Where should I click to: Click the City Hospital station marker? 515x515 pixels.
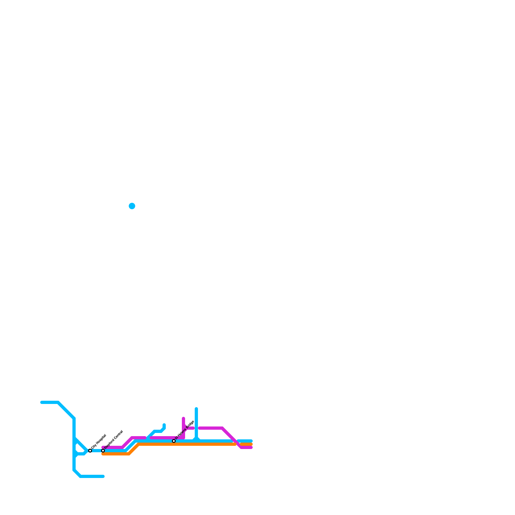(x=90, y=451)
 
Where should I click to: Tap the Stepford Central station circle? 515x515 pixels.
(x=103, y=451)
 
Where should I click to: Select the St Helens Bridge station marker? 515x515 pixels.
(x=174, y=441)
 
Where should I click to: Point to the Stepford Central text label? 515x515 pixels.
(x=114, y=440)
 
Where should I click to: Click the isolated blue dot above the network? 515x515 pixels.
(x=132, y=206)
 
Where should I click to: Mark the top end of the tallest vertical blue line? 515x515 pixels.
(x=196, y=409)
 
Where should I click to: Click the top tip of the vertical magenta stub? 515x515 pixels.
(x=183, y=418)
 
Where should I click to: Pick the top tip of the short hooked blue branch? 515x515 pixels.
(x=164, y=425)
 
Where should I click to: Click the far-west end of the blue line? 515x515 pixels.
(x=42, y=402)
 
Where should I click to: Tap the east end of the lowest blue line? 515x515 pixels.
(x=103, y=476)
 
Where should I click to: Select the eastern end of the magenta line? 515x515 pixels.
(x=251, y=447)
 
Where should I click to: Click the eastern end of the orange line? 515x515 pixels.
(x=251, y=445)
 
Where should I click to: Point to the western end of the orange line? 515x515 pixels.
(x=103, y=454)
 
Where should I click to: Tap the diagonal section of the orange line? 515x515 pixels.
(x=134, y=449)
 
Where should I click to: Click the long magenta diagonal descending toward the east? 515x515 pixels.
(x=229, y=435)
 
